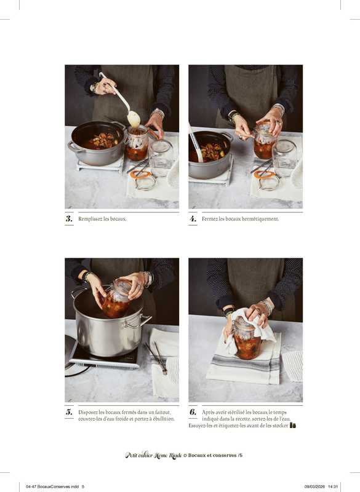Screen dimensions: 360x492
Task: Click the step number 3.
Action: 69,219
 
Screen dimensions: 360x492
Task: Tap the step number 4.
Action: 193,219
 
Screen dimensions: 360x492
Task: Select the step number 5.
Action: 69,412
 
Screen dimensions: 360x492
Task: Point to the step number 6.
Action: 193,412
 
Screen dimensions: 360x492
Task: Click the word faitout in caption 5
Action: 163,412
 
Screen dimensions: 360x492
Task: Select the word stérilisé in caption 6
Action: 234,412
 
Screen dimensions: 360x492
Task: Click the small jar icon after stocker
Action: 293,426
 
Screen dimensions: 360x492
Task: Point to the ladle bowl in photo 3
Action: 134,119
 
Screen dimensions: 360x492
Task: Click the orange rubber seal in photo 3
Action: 141,175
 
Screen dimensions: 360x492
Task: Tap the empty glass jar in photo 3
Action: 161,158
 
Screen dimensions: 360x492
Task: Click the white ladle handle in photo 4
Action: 195,142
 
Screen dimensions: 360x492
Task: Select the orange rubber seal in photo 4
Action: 264,175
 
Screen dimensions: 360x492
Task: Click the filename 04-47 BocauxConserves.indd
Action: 52,486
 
